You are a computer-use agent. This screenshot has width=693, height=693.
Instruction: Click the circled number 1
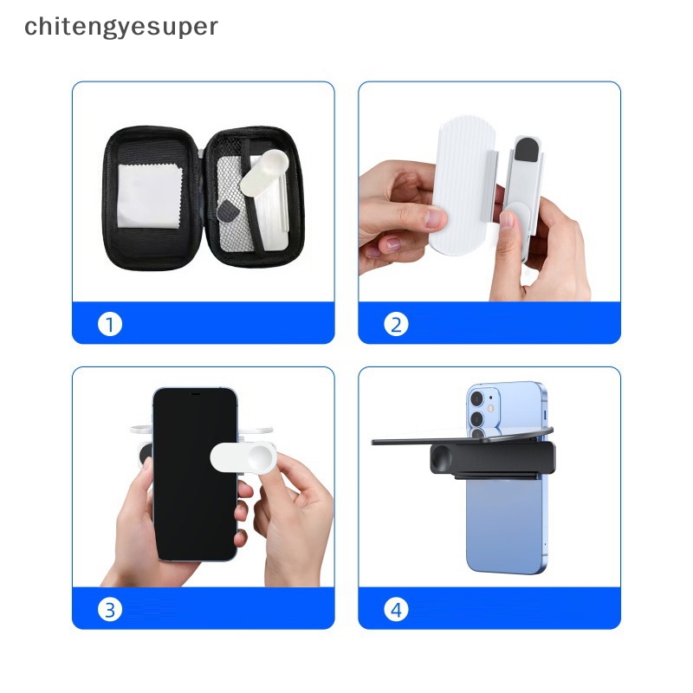[110, 325]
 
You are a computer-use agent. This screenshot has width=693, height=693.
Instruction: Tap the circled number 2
[397, 325]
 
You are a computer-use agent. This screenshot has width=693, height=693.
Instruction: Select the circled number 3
[110, 610]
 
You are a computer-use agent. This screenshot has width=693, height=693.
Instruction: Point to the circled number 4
[397, 610]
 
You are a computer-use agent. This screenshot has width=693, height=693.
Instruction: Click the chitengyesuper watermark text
[121, 27]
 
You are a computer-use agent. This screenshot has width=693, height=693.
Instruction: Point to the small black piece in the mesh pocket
[230, 210]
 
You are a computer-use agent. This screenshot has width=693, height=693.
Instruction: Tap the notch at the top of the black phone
[195, 394]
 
